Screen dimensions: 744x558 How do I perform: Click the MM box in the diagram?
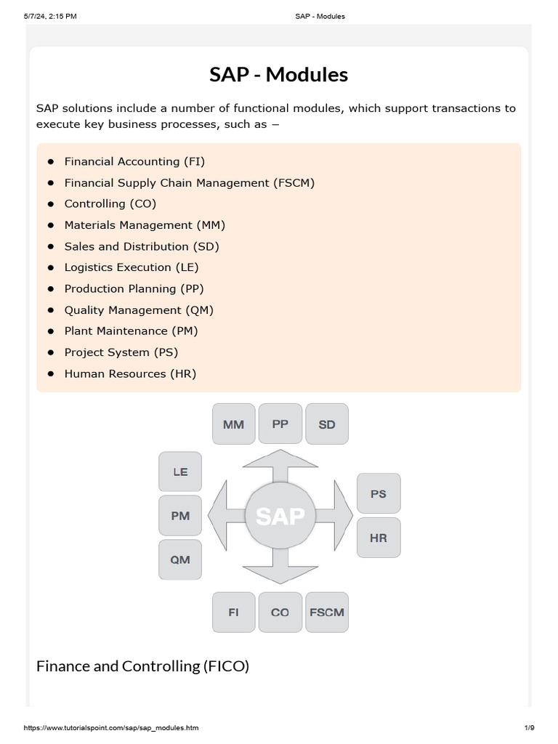coord(233,424)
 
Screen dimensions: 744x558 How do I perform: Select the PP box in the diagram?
coord(280,424)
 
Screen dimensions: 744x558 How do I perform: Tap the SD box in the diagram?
coord(327,424)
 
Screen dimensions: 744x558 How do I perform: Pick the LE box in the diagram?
coord(180,472)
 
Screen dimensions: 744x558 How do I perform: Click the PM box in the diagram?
coord(180,516)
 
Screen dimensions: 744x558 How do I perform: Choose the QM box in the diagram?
coord(180,559)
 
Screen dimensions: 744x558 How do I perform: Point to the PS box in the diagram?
coord(379,493)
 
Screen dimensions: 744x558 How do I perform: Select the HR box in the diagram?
coord(379,538)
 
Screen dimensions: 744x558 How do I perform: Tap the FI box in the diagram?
coord(233,612)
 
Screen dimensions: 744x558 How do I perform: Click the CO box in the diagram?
coord(280,612)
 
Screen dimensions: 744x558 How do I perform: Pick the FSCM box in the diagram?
coord(327,612)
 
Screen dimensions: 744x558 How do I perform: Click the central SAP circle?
coord(280,517)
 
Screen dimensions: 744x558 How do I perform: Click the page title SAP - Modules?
coord(279,75)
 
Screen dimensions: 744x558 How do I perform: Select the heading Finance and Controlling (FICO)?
coord(142,666)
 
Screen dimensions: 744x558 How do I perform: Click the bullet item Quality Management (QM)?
coord(139,310)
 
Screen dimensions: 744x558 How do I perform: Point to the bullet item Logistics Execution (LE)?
coord(132,267)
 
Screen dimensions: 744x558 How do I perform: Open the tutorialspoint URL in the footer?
coord(111,728)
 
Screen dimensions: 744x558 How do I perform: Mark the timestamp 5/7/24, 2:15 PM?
coord(50,16)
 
